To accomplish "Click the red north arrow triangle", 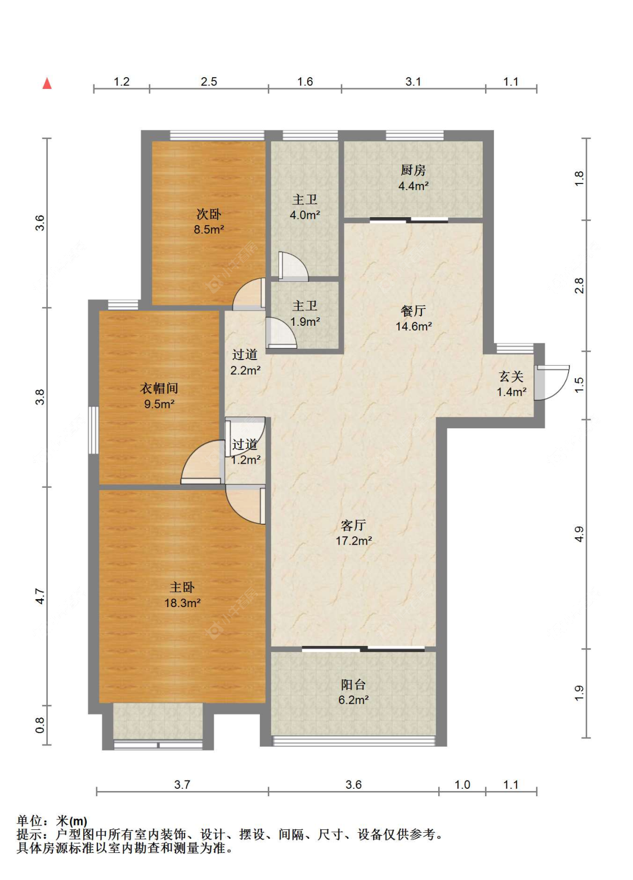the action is [x=47, y=83].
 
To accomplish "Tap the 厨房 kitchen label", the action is [x=413, y=170].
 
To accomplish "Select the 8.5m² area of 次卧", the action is [x=209, y=229].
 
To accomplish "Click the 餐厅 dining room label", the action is [x=413, y=311].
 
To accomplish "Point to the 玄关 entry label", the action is [x=511, y=376].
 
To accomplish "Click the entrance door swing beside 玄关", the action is [x=552, y=382].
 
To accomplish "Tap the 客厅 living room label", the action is [x=353, y=526].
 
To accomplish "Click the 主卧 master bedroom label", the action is [x=182, y=587].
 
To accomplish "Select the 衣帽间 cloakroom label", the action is [x=159, y=388].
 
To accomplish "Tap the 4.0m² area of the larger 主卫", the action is [x=304, y=215].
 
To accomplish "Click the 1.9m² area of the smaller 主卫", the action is [x=304, y=321].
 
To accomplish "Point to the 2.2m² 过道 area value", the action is [x=245, y=370].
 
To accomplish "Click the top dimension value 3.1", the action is [x=413, y=82].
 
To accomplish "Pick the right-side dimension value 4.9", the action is [x=579, y=534].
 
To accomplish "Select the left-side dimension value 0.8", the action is [x=40, y=725].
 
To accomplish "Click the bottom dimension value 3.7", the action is [x=182, y=784].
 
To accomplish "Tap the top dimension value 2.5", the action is [x=209, y=82].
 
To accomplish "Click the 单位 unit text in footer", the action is [x=29, y=821].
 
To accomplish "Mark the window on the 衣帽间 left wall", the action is [x=93, y=430].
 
